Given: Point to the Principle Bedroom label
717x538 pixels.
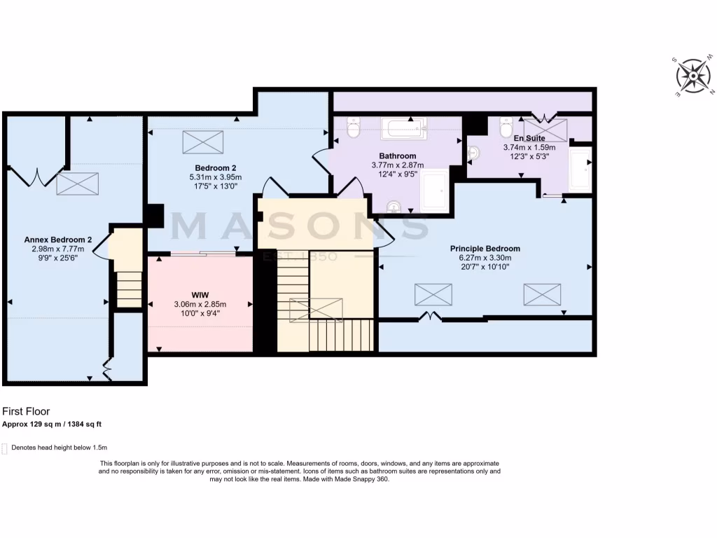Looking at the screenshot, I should coord(485,248).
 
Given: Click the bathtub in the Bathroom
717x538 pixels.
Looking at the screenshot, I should coord(403,128).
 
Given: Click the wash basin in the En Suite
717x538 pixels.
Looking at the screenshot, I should coord(475,151).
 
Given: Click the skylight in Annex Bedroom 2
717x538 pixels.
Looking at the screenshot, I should coord(77,184).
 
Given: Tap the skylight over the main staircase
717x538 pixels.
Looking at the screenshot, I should coord(316,309).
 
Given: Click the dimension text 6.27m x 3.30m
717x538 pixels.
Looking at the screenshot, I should coord(485,258).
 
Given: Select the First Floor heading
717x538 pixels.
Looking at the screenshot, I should coord(26,412).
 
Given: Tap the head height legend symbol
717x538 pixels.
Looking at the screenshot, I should coord(6,448).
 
